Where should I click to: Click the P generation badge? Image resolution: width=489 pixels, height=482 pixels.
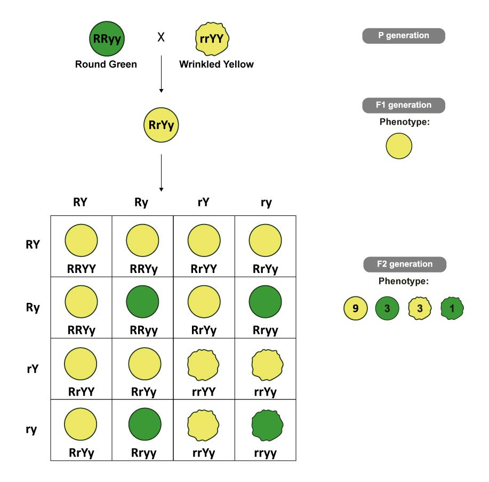[403, 36]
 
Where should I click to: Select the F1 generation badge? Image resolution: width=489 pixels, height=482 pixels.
[403, 105]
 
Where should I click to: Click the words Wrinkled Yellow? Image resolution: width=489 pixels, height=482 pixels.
[216, 65]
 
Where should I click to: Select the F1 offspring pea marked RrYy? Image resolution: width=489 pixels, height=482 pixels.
[161, 126]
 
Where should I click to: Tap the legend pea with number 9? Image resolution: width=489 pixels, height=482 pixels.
[354, 308]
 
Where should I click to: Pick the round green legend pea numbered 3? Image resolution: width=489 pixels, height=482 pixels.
[387, 308]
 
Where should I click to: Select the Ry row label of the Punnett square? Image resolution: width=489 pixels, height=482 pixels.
[33, 307]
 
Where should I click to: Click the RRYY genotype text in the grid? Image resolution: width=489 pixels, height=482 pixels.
[81, 269]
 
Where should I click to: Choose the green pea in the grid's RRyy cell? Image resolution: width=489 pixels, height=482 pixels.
[142, 302]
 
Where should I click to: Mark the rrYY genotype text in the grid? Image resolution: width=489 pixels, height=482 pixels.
[204, 392]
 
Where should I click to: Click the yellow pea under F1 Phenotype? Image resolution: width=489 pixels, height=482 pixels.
[398, 146]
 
